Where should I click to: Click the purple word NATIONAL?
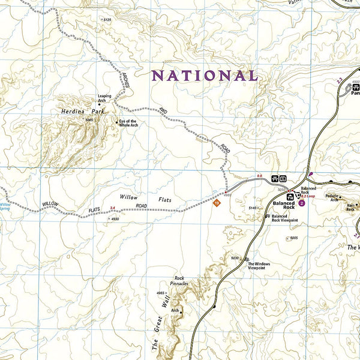point(205,76)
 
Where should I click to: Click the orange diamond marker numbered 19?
point(217,203)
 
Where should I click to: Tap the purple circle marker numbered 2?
point(302,203)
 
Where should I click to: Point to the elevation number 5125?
point(107,20)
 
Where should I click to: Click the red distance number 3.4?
point(112,208)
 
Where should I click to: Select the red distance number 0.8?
point(260,175)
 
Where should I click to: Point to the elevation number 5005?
point(293,238)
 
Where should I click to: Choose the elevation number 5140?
point(253,208)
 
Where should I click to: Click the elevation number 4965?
point(160,293)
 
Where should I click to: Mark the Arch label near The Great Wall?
point(175,310)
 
